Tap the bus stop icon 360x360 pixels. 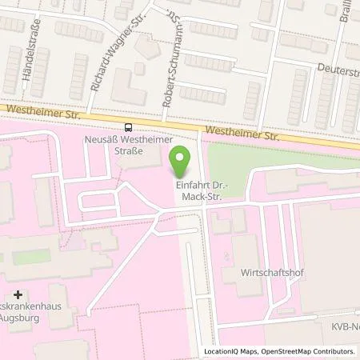point(128,127)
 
